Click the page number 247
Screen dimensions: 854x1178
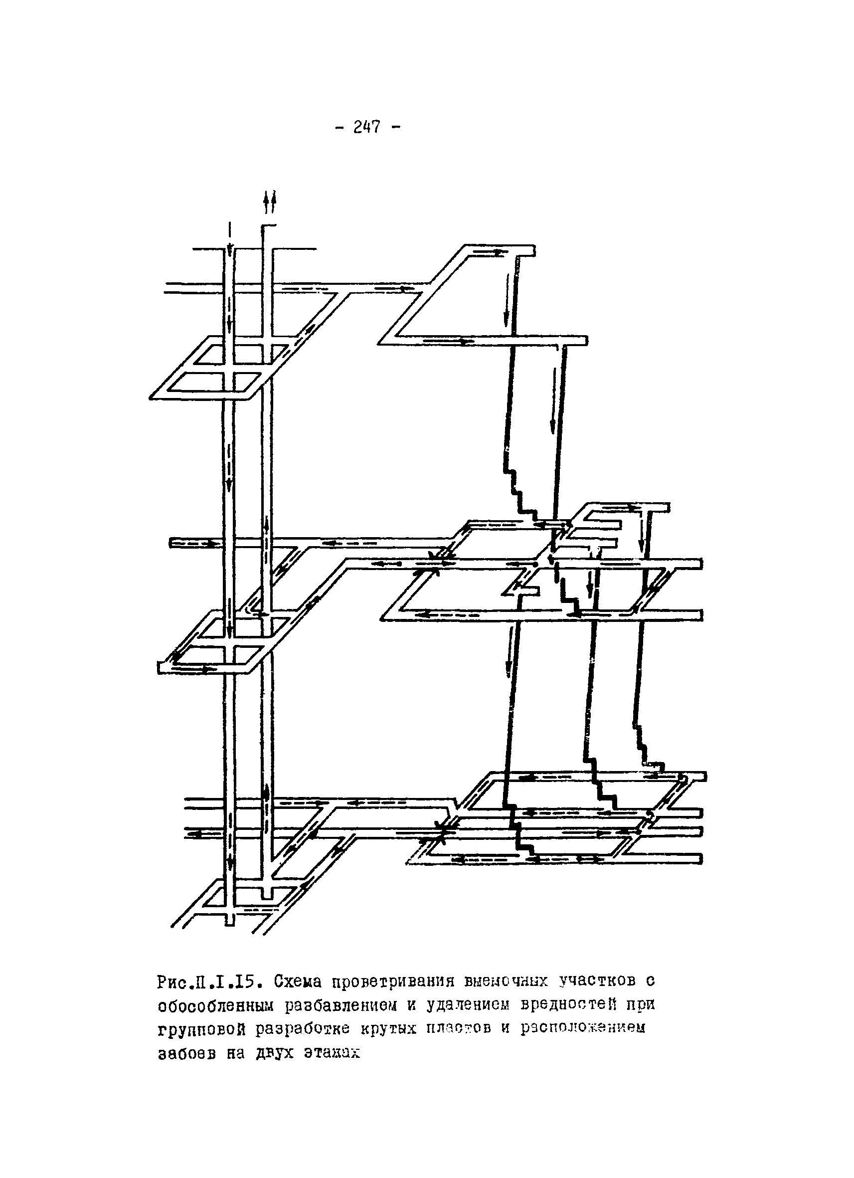coord(366,127)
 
